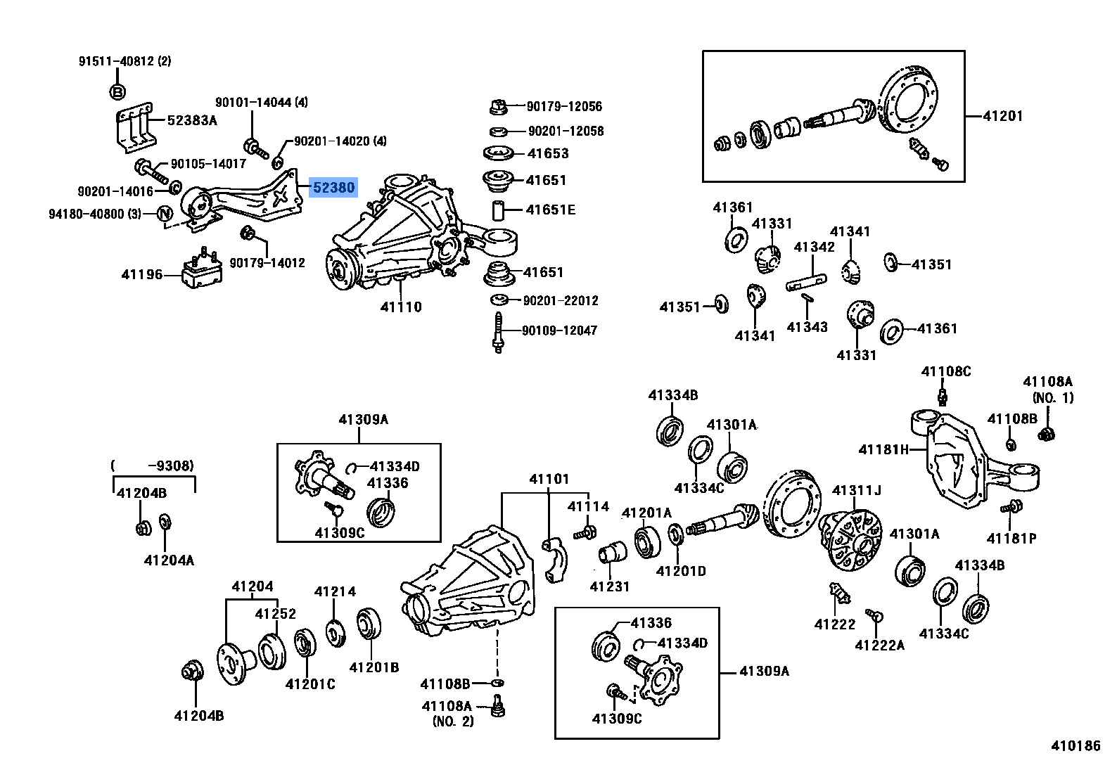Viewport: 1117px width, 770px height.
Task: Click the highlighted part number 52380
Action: coord(333,188)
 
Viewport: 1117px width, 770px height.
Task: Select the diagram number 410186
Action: coord(1075,746)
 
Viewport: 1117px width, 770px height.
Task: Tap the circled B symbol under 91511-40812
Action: coord(117,91)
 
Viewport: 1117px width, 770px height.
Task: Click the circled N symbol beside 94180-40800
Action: coord(164,214)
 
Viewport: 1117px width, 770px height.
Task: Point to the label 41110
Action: coord(401,307)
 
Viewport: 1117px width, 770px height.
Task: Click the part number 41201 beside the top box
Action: coord(1002,116)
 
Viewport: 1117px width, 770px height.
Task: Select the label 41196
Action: coord(141,274)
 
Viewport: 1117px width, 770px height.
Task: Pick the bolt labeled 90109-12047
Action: coord(498,332)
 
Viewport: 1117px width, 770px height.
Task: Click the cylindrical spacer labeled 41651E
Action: coord(498,210)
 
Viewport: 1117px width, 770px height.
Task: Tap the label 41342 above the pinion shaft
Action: coord(814,247)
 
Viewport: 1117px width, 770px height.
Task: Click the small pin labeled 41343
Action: coord(808,298)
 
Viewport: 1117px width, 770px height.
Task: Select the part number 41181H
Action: coord(883,449)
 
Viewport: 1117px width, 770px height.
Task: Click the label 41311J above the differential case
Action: coord(856,490)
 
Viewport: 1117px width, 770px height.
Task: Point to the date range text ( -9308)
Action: coord(153,466)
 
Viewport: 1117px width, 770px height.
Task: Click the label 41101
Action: coord(549,479)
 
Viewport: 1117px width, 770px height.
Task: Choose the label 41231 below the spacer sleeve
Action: coord(609,586)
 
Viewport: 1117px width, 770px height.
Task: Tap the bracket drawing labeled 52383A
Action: coord(134,129)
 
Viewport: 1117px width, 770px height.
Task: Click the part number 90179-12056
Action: coord(564,107)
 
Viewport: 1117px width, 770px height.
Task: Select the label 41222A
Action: coord(879,645)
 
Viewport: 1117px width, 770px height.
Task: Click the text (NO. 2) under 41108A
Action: coord(453,721)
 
